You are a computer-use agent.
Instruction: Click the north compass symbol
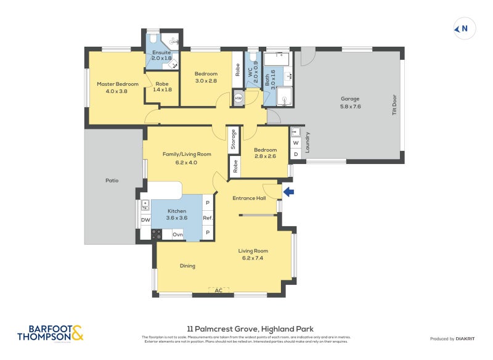[x=462, y=28]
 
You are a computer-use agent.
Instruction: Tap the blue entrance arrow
[x=288, y=192]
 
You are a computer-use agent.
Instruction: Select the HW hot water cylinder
[x=238, y=98]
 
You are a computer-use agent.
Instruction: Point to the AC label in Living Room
[x=218, y=290]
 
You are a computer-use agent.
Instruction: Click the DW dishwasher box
[x=145, y=220]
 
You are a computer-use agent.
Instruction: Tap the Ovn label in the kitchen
[x=177, y=234]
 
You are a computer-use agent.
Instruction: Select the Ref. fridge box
[x=208, y=218]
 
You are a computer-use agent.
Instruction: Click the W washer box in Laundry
[x=296, y=143]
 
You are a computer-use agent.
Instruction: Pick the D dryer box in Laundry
[x=296, y=153]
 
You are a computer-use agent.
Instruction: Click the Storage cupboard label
[x=233, y=139]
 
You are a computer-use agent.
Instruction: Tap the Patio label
[x=112, y=181]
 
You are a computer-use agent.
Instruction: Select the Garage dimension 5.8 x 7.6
[x=350, y=106]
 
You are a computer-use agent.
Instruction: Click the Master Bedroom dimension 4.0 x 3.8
[x=116, y=91]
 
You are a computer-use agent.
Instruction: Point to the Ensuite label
[x=161, y=53]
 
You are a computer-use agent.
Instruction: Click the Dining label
[x=187, y=266]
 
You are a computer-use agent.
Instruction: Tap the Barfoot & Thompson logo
[x=50, y=333]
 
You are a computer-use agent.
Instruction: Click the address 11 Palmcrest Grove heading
[x=250, y=329]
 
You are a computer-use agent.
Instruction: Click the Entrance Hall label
[x=248, y=198]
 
